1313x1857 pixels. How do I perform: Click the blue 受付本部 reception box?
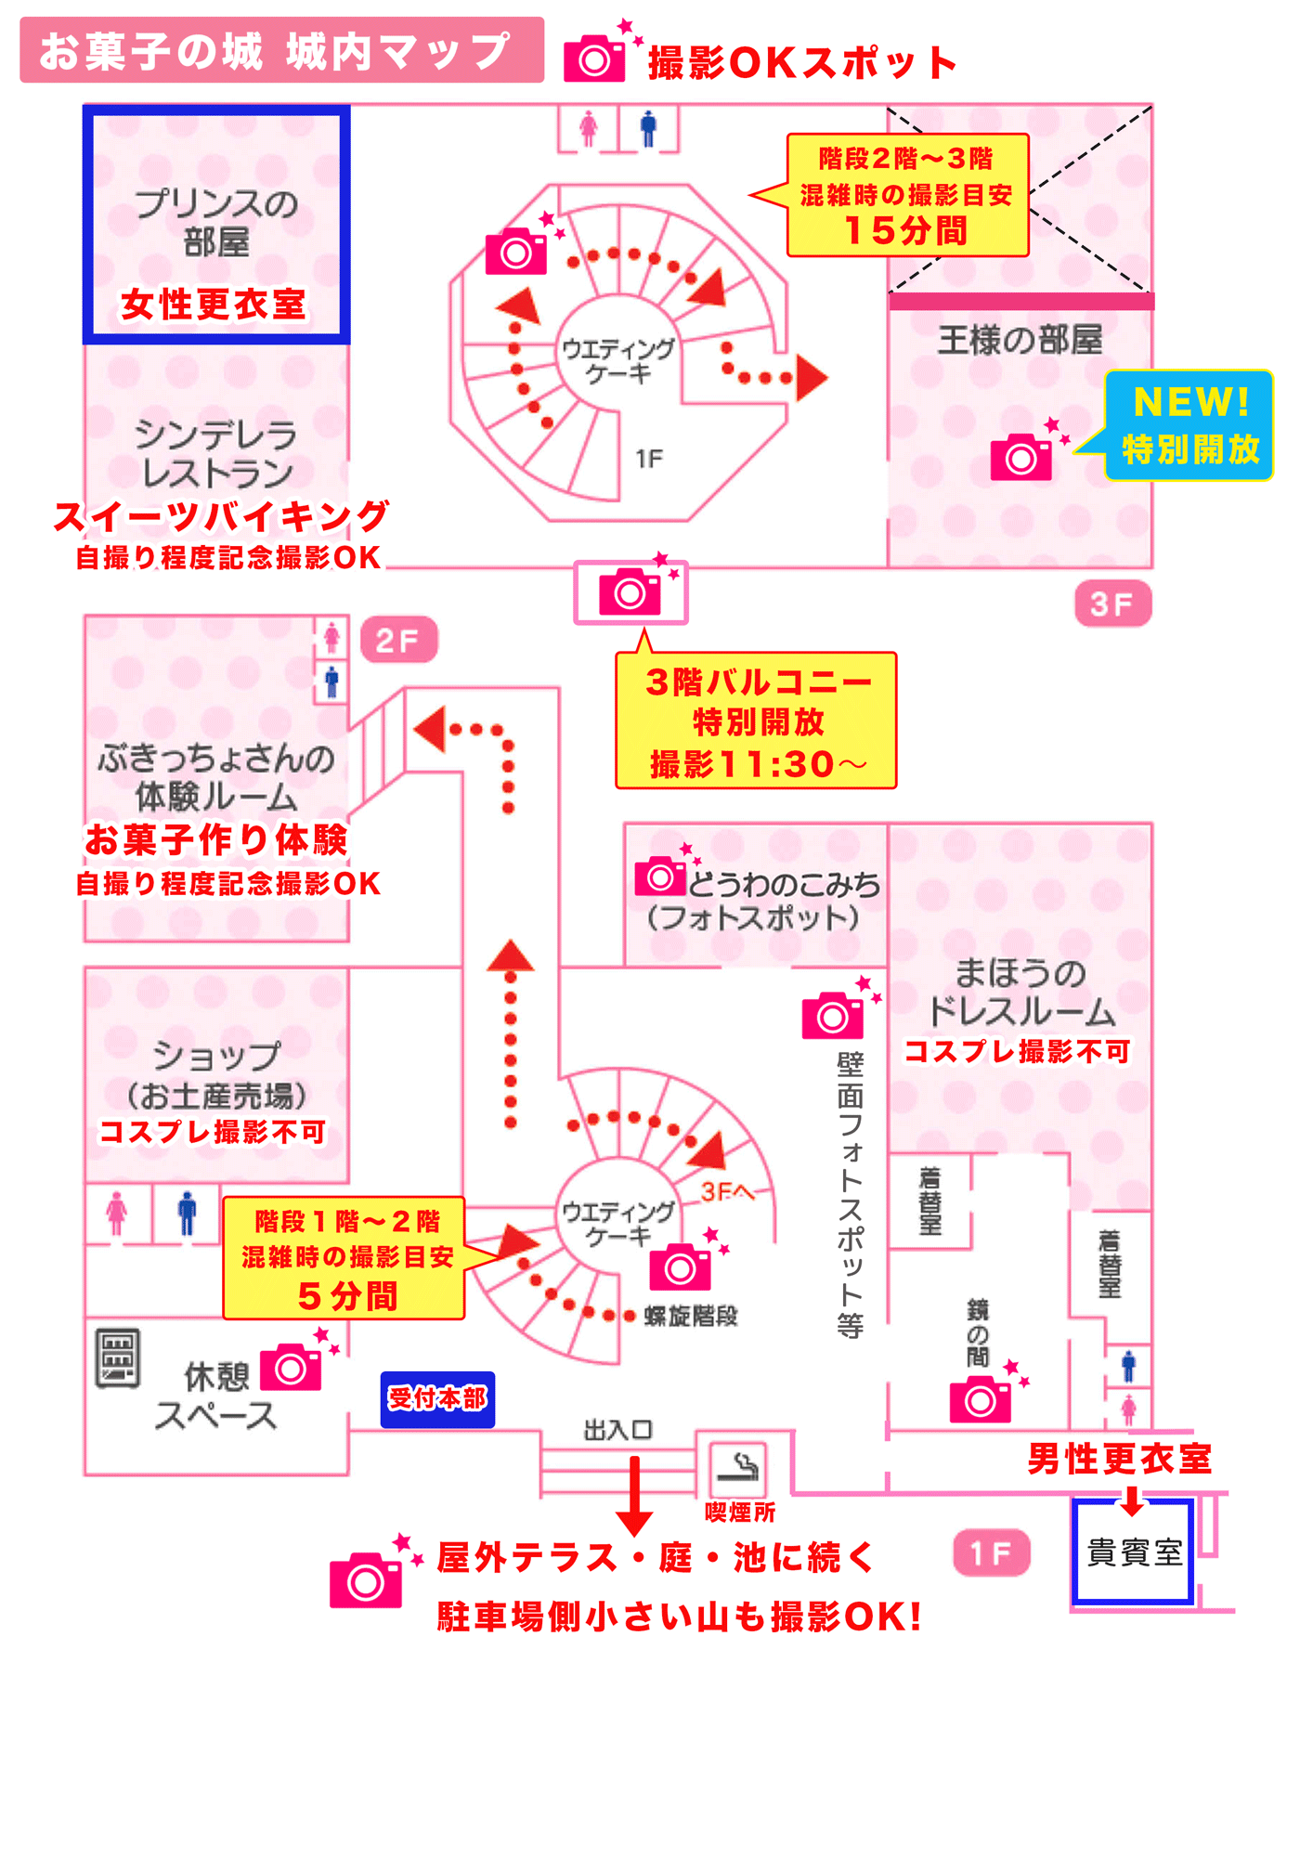pos(437,1398)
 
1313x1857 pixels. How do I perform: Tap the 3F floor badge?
pos(1112,604)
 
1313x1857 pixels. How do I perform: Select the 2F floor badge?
pos(398,640)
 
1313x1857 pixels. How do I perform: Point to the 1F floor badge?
pos(991,1552)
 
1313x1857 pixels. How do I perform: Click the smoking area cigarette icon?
pos(738,1467)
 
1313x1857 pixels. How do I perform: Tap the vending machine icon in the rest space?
pos(118,1357)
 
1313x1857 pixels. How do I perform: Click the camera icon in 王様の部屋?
pos(1021,457)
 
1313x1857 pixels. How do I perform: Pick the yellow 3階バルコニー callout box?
pos(756,721)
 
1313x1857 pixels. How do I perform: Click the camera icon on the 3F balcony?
pos(630,592)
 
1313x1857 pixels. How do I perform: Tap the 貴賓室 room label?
pos(1133,1552)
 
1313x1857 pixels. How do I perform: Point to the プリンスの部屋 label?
pos(215,223)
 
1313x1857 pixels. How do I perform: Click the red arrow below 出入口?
pos(635,1494)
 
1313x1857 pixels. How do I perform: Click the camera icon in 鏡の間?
pos(981,1399)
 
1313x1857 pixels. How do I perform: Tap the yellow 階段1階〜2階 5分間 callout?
pos(344,1258)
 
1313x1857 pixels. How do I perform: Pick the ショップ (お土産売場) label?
pos(216,1075)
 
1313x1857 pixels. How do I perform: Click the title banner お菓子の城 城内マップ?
pos(281,51)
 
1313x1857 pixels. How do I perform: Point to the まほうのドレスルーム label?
pos(1020,992)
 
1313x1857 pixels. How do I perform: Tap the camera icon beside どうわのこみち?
pos(660,876)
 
